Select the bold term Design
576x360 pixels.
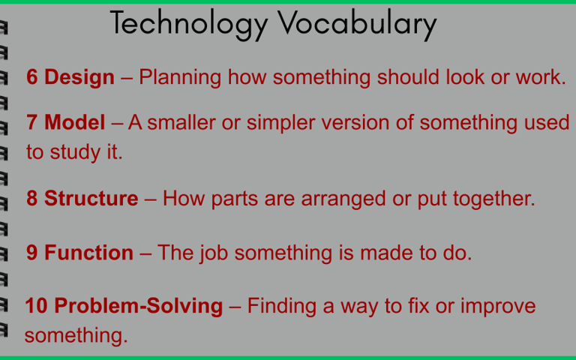(x=79, y=77)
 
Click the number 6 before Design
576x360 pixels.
(x=32, y=77)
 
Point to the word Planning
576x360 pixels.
(x=180, y=78)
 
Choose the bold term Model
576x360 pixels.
(x=74, y=122)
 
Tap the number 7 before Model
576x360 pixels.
(x=32, y=122)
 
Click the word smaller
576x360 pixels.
(x=181, y=122)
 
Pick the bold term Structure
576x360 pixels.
(x=91, y=198)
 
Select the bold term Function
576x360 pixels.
(x=88, y=253)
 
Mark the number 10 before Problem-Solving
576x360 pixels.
(x=36, y=306)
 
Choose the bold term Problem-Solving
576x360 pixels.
(x=139, y=306)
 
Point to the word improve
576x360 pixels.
(x=498, y=307)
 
